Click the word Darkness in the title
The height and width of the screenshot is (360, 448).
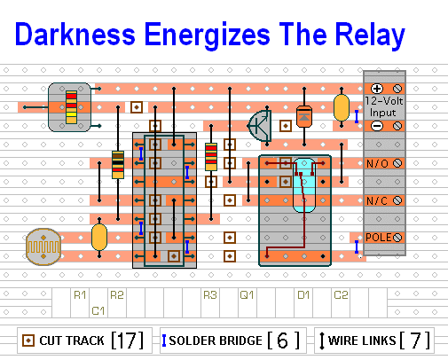(x=75, y=35)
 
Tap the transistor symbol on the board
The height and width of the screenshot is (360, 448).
(x=260, y=126)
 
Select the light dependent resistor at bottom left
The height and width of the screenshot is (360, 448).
(x=43, y=247)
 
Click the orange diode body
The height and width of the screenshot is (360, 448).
(x=304, y=116)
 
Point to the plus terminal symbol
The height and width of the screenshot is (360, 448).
(x=377, y=89)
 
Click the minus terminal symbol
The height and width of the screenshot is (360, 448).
(x=377, y=126)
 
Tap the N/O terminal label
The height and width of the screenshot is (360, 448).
(x=377, y=163)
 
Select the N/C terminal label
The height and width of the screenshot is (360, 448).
(x=377, y=201)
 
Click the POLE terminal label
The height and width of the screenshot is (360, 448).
(x=379, y=238)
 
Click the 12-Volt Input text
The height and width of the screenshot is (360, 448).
(x=384, y=106)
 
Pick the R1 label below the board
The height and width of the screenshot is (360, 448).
(x=80, y=295)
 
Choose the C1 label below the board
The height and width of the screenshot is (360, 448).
(x=98, y=311)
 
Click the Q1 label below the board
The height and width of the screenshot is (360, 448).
(x=247, y=295)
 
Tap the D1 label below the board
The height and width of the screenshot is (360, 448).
(x=303, y=295)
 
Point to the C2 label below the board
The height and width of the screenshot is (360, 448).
(x=341, y=295)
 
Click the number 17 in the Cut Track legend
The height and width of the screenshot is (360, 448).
(x=128, y=340)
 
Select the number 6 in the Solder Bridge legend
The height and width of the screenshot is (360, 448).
(x=283, y=340)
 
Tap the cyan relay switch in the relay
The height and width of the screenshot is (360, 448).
(x=304, y=185)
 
